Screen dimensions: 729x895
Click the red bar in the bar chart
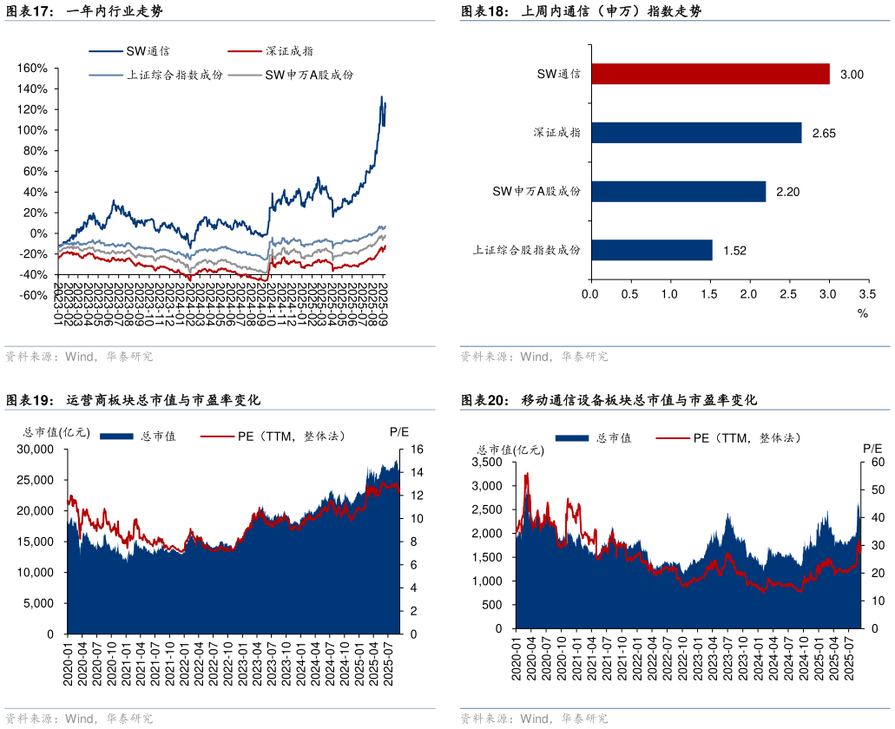[710, 75]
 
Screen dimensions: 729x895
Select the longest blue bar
[696, 133]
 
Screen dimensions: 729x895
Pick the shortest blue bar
[652, 250]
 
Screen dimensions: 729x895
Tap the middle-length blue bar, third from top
[679, 191]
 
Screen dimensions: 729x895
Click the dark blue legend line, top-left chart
[106, 51]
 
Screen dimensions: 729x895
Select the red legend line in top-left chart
[245, 51]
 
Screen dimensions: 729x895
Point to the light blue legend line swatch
[106, 76]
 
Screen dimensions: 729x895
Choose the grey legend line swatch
[245, 76]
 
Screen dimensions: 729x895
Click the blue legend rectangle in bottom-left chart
[116, 437]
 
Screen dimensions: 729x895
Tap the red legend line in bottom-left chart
[217, 437]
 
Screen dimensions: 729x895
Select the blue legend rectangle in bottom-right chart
[571, 438]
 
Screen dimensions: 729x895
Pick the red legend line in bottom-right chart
[673, 438]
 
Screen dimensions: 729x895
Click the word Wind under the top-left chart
[79, 357]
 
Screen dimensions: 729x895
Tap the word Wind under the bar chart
[534, 357]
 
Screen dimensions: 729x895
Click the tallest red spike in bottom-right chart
[526, 474]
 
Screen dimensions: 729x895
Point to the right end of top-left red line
[385, 246]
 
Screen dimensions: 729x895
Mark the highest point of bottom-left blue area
[397, 460]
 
